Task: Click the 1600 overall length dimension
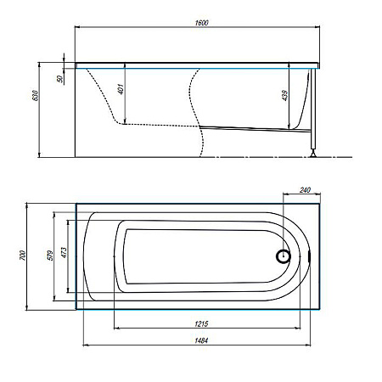[x=201, y=23]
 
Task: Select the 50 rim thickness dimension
[x=60, y=79]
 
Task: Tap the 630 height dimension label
[x=35, y=96]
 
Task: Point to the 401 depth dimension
[x=121, y=89]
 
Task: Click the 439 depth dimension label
[x=284, y=95]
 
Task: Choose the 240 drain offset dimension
[x=305, y=190]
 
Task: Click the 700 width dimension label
[x=23, y=256]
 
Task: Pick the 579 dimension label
[x=50, y=256]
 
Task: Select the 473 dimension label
[x=65, y=253]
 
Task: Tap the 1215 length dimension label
[x=201, y=323]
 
